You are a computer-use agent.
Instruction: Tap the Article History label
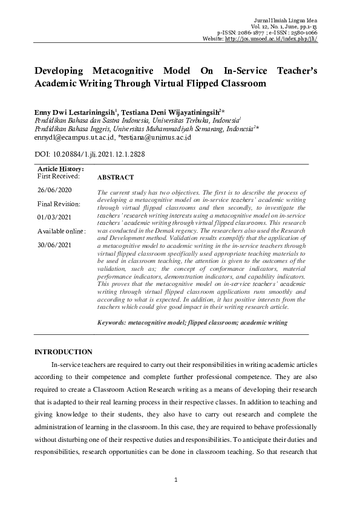click(x=61, y=169)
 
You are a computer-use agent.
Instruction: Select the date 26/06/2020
click(x=54, y=190)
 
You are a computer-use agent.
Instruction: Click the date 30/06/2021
click(x=54, y=245)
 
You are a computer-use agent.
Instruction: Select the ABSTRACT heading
click(x=115, y=178)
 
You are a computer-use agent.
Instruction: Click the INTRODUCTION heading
click(x=63, y=352)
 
